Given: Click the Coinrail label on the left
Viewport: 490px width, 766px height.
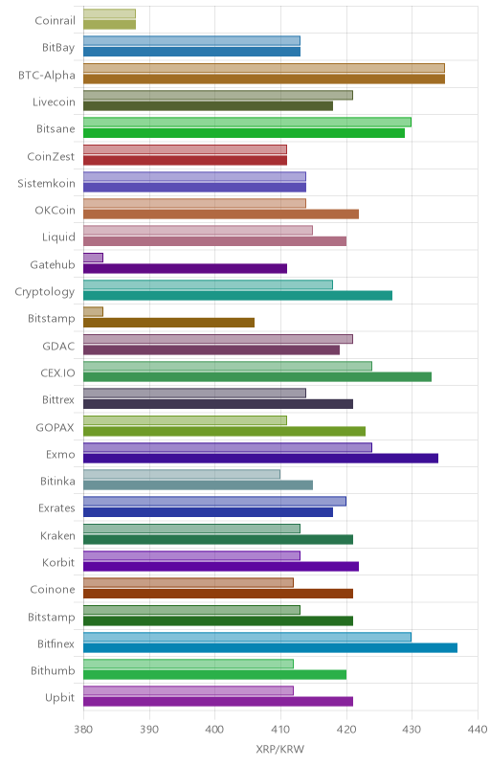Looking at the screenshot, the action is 56,20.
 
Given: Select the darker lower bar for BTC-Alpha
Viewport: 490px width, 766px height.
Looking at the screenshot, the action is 264,79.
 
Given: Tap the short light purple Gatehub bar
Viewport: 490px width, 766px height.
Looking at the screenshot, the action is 93,258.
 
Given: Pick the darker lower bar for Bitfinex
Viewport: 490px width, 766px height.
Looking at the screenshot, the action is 271,648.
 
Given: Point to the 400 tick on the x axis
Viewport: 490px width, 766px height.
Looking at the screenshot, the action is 214,730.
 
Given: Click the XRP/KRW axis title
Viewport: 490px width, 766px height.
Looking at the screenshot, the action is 280,750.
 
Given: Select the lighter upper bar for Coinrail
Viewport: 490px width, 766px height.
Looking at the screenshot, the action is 109,13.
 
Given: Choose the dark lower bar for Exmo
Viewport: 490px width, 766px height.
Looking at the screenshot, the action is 260,459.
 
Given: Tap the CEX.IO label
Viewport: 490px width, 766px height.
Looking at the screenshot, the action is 58,373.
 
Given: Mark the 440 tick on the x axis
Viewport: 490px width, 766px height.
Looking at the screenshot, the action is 478,730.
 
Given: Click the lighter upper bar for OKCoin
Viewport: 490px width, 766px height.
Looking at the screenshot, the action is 194,203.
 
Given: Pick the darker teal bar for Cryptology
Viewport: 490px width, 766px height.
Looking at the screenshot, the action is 237,296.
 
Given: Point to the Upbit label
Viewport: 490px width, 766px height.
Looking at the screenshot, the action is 60,698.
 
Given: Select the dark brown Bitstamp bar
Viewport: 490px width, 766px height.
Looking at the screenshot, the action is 168,323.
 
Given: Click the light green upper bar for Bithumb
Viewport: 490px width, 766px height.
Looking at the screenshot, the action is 189,664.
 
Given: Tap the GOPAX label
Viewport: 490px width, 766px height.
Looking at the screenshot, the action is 56,427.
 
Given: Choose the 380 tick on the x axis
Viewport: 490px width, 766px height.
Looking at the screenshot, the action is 83,730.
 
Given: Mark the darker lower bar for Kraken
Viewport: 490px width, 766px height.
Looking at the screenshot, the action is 218,539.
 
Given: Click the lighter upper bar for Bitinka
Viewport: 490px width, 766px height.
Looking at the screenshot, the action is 182,474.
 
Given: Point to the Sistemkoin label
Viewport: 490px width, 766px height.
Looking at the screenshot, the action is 46,183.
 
